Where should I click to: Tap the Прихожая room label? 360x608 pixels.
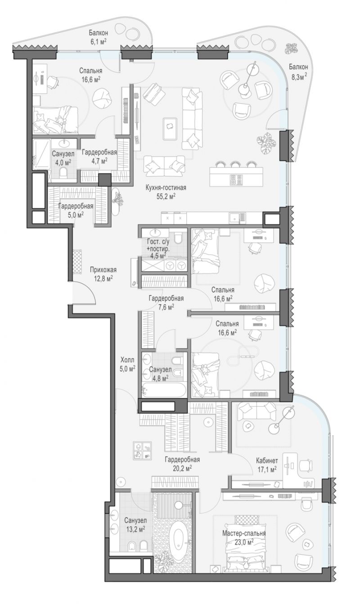click(x=103, y=269)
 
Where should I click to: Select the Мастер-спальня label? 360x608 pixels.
click(x=244, y=533)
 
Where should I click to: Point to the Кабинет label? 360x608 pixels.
click(x=267, y=460)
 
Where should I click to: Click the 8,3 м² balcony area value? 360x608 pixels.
click(x=299, y=76)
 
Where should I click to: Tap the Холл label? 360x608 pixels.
click(x=127, y=360)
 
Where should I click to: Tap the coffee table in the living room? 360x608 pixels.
click(x=170, y=129)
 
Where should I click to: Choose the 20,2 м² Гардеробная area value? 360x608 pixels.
click(x=182, y=467)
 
